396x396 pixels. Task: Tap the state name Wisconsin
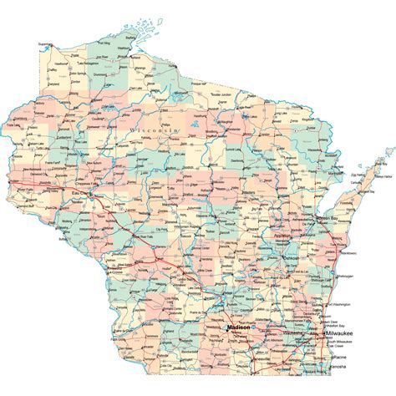click(155, 132)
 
